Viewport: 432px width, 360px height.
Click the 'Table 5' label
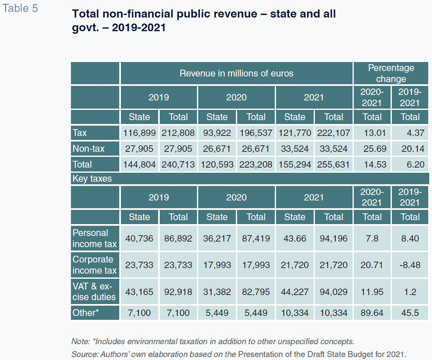coord(20,8)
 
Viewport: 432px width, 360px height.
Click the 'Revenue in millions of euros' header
coord(236,73)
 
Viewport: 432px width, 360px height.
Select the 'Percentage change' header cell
coord(391,73)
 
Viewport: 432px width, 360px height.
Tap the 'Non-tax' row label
coord(88,149)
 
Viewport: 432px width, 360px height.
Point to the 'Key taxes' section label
coord(92,178)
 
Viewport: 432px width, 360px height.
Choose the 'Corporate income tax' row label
coord(95,265)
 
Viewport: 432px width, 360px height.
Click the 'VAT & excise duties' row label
coord(94,291)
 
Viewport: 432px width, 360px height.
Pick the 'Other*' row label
coord(86,313)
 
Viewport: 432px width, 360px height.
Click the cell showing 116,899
coord(140,133)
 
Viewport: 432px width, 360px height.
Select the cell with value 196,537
coord(256,133)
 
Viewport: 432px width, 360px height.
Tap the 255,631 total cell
coord(333,165)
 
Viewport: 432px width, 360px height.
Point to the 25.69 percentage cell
coord(374,149)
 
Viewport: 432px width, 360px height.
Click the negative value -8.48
coord(410,265)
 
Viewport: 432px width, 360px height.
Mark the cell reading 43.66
coord(295,238)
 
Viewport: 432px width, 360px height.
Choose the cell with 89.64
coord(372,313)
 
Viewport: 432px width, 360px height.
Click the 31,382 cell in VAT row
coord(217,292)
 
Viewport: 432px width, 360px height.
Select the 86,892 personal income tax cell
coord(178,238)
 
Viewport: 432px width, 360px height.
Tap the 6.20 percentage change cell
coord(416,165)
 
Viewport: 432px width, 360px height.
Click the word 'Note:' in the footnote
coord(80,342)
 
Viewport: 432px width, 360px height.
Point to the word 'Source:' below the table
coord(85,354)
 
